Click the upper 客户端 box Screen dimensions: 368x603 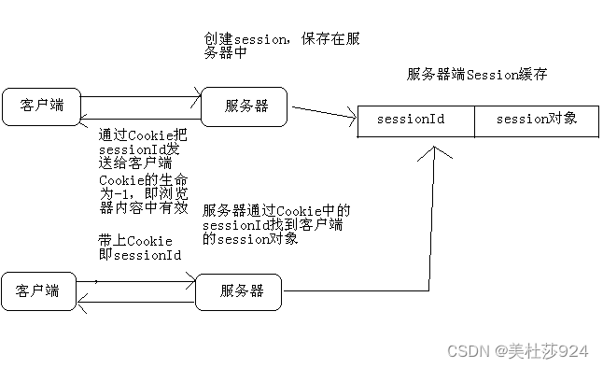pyautogui.click(x=40, y=105)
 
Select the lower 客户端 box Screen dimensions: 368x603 pyautogui.click(x=38, y=291)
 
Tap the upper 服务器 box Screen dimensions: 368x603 pyautogui.click(x=245, y=106)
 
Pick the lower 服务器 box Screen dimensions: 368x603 pyautogui.click(x=241, y=291)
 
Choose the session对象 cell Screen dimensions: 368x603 pyautogui.click(x=536, y=120)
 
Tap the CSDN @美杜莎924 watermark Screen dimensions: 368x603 pyautogui.click(x=518, y=351)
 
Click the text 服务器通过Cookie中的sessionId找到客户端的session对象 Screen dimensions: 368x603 pyautogui.click(x=276, y=224)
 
